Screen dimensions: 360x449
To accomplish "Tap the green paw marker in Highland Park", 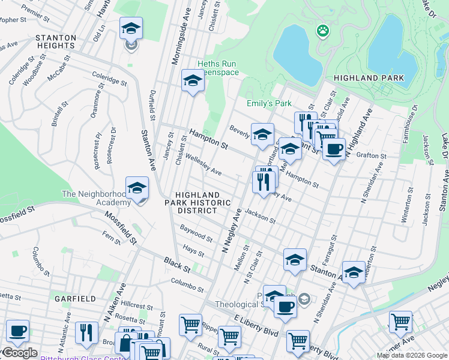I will click(x=323, y=30).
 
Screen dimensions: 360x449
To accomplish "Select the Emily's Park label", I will click(x=269, y=103).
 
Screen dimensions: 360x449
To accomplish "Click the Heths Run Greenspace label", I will click(x=218, y=68).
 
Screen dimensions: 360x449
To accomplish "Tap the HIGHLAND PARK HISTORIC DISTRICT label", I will click(x=197, y=203).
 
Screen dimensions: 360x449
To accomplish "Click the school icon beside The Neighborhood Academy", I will click(x=137, y=188).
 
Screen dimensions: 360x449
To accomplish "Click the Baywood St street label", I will click(x=196, y=234).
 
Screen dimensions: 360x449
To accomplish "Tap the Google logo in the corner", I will click(x=19, y=353).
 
